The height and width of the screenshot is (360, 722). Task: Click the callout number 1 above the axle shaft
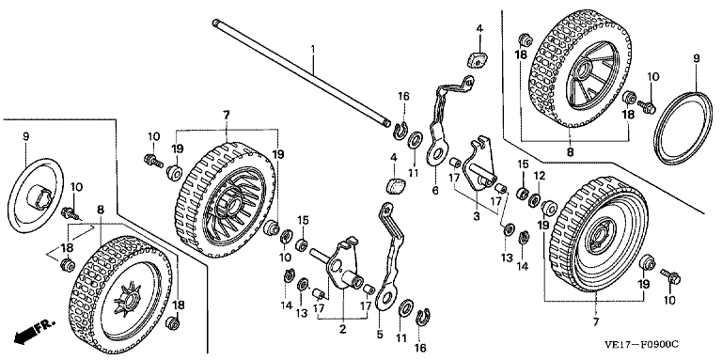[x=313, y=47]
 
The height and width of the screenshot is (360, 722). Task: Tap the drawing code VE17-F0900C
[x=642, y=344]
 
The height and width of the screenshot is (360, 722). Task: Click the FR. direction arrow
[x=35, y=331]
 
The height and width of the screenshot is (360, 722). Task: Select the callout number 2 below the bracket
[x=342, y=329]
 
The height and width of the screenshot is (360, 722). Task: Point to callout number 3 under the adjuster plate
[x=476, y=216]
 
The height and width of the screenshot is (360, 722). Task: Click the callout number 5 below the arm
[x=380, y=336]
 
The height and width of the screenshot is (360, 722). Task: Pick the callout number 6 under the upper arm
[x=435, y=190]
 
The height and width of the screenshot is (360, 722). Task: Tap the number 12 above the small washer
[x=540, y=176]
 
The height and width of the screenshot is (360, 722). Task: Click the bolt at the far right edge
[x=670, y=275]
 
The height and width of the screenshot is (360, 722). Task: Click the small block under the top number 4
[x=476, y=59]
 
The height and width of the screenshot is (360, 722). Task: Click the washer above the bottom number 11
[x=406, y=307]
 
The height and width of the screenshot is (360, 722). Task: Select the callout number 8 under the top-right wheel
[x=570, y=151]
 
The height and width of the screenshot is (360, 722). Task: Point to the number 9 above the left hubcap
[x=25, y=136]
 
